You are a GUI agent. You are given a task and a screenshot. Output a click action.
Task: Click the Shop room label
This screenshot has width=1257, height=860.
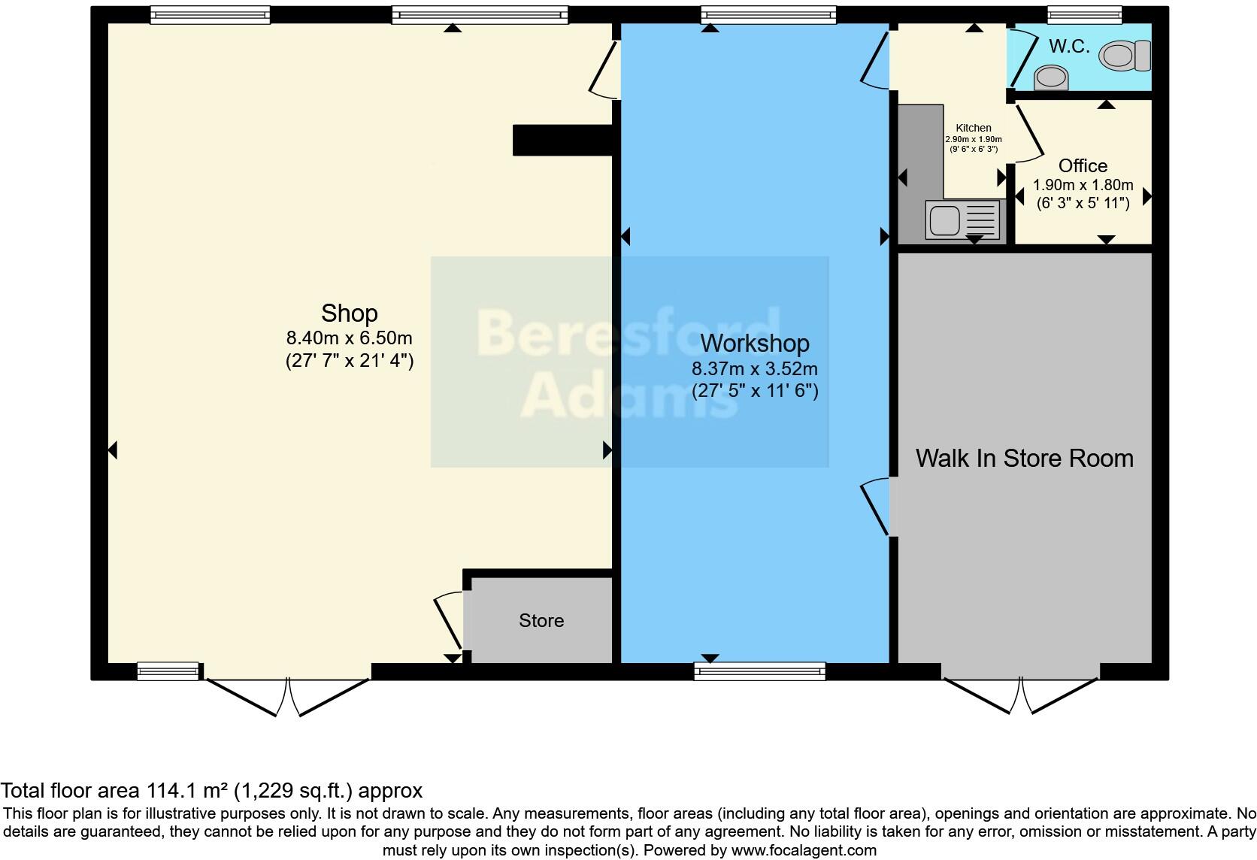point(349,313)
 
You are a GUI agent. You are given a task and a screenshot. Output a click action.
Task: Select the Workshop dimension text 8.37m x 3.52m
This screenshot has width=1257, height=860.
point(754,369)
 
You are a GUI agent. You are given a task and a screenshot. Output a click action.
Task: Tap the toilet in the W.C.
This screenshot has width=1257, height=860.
point(1125,55)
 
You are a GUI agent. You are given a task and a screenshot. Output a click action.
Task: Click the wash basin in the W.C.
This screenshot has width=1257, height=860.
point(1051,77)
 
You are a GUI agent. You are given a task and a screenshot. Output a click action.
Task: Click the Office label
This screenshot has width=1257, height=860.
point(1083,165)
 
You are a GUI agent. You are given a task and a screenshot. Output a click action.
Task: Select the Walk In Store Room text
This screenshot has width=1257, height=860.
point(1024,458)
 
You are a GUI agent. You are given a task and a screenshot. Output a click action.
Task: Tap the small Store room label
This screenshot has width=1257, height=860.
point(541,620)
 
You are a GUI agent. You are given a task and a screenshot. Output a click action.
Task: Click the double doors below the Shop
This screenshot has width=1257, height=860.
point(288,696)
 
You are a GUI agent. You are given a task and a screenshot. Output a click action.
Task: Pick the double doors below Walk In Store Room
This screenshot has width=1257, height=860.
point(1021,695)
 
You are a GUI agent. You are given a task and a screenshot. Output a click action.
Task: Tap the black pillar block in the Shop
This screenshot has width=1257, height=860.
point(562,141)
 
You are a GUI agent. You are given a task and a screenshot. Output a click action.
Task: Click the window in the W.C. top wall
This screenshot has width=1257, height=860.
point(1084,14)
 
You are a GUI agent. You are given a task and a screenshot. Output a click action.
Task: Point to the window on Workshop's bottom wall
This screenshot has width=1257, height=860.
point(759,671)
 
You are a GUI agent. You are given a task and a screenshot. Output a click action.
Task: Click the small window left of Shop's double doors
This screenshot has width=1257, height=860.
point(168,671)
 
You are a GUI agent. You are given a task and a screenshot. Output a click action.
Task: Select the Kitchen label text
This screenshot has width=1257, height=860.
point(973,128)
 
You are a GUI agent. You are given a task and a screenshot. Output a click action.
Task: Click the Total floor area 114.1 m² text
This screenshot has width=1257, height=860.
point(211,790)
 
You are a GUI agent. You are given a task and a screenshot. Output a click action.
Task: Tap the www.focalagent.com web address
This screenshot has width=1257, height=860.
point(803,850)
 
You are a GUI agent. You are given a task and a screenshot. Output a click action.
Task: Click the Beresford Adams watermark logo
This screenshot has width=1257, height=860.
point(629,362)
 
